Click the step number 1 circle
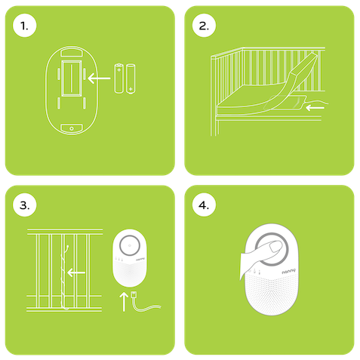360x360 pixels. pos(24,26)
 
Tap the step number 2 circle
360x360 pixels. pos(204,26)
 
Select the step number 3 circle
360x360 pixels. pos(24,205)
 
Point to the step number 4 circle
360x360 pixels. pos(204,205)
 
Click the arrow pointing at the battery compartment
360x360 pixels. pos(99,78)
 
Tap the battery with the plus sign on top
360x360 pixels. pos(119,78)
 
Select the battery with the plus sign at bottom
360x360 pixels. pos(131,79)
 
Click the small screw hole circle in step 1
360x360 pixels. pos(72,128)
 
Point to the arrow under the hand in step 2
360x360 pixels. pos(315,108)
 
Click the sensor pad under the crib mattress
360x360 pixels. pos(285,103)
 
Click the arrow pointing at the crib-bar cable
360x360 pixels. pos(76,272)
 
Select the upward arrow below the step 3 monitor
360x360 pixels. pos(124,301)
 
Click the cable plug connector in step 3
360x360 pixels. pos(134,295)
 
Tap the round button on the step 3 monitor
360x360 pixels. pos(129,245)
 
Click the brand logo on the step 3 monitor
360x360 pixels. pos(140,259)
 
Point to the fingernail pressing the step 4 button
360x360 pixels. pos(276,246)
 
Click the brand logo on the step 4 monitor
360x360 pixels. pos(288,272)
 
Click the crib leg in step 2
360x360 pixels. pos(214,126)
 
